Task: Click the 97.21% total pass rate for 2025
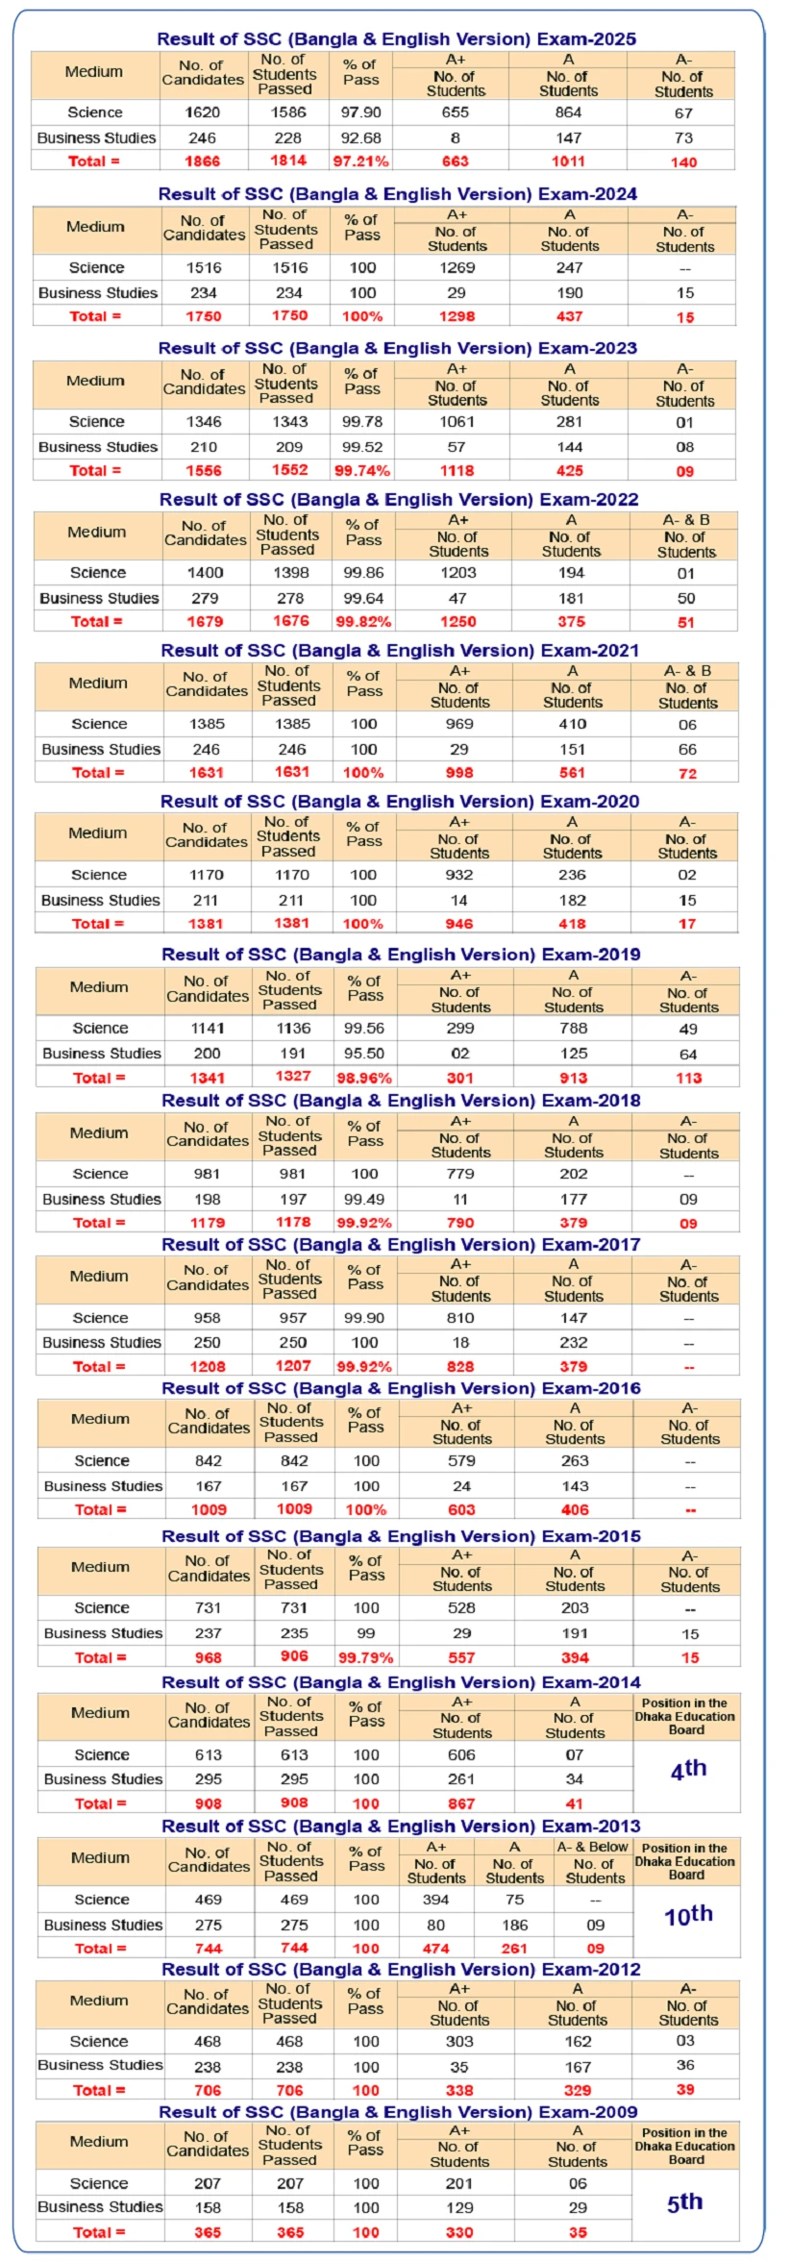pyautogui.click(x=360, y=161)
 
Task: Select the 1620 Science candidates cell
pyautogui.click(x=202, y=112)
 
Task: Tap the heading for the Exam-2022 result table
pyautogui.click(x=399, y=499)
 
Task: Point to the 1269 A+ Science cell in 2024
pyautogui.click(x=457, y=267)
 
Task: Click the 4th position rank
pyautogui.click(x=688, y=1768)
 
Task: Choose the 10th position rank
pyautogui.click(x=688, y=1914)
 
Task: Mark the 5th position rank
pyautogui.click(x=684, y=2201)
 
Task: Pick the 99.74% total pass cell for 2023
pyautogui.click(x=362, y=470)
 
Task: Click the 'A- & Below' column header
pyautogui.click(x=593, y=1847)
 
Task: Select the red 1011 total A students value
pyautogui.click(x=568, y=161)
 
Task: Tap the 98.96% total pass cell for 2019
pyautogui.click(x=364, y=1078)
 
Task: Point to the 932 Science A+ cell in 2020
pyautogui.click(x=459, y=875)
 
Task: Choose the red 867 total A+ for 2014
pyautogui.click(x=461, y=1803)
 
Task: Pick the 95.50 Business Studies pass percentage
pyautogui.click(x=364, y=1053)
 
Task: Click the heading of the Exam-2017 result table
pyautogui.click(x=401, y=1244)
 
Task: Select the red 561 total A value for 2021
pyautogui.click(x=572, y=772)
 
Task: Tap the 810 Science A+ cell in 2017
pyautogui.click(x=461, y=1317)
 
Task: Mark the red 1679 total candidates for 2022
pyautogui.click(x=205, y=621)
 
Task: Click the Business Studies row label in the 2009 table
pyautogui.click(x=99, y=2207)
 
